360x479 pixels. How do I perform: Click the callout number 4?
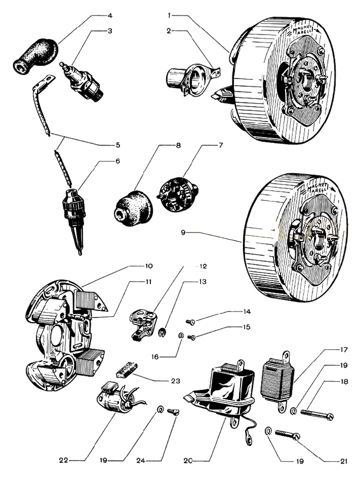[x=110, y=15]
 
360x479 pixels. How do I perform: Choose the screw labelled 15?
[x=191, y=337]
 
